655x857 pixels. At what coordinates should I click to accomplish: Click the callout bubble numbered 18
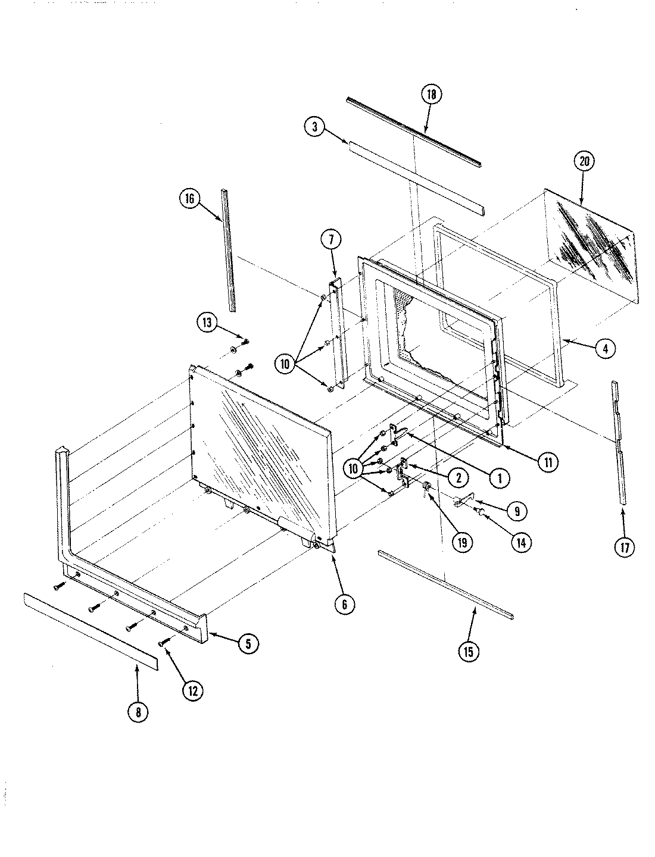[x=432, y=94]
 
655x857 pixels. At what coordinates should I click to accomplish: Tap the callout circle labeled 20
[x=584, y=161]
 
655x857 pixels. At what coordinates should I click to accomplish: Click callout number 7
[x=331, y=240]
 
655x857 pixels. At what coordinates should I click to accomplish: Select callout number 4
[x=605, y=349]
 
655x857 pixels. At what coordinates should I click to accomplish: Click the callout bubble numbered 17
[x=623, y=547]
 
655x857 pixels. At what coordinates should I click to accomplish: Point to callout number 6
[x=345, y=605]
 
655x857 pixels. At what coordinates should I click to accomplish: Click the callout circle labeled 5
[x=248, y=643]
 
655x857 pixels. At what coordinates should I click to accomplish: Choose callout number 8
[x=138, y=711]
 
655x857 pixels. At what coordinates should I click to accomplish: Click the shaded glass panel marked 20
[x=595, y=244]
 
